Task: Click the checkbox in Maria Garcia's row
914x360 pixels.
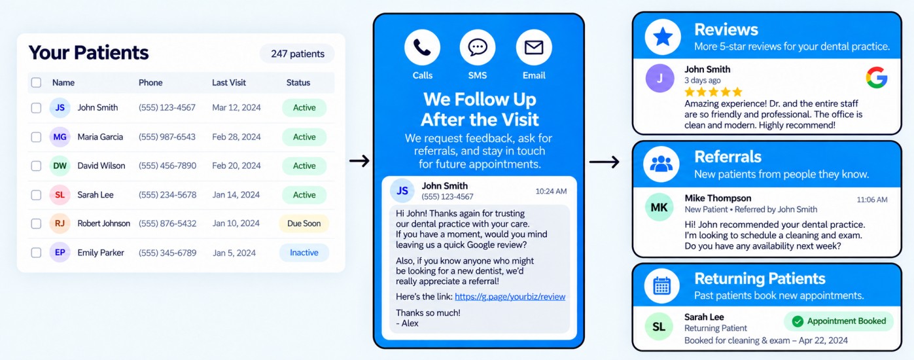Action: click(37, 137)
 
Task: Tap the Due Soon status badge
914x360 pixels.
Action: click(304, 223)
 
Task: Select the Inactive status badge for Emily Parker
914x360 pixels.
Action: click(304, 253)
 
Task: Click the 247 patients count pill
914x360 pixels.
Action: click(298, 54)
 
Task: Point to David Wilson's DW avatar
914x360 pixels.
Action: click(60, 166)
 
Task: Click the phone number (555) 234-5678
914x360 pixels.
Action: click(167, 194)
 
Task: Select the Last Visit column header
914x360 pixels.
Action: click(229, 82)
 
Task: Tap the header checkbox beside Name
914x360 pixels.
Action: click(37, 82)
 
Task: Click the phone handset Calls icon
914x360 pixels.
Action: click(422, 47)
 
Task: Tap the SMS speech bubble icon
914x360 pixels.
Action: click(478, 47)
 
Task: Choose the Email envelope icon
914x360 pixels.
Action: click(534, 47)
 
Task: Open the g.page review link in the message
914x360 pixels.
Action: click(510, 297)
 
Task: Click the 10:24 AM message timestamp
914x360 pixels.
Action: click(551, 191)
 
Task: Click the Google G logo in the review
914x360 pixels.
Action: click(877, 77)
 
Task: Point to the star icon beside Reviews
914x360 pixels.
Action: click(663, 37)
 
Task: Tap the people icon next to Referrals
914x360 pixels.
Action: click(661, 164)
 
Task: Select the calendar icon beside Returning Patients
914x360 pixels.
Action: click(662, 286)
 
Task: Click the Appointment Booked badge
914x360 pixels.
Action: click(839, 321)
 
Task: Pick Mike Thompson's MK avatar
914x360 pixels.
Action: click(659, 207)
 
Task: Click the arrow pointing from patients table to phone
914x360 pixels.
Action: click(359, 161)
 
